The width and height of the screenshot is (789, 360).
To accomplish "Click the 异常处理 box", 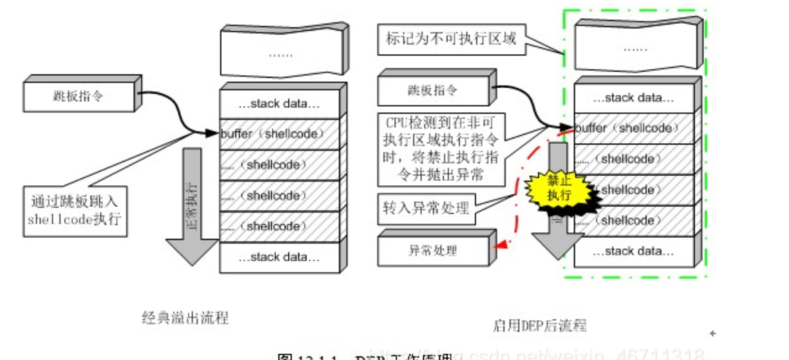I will point(431,251).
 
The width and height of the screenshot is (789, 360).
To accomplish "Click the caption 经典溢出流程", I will point(186,317).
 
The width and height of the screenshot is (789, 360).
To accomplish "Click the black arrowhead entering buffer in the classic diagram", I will point(213,133).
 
